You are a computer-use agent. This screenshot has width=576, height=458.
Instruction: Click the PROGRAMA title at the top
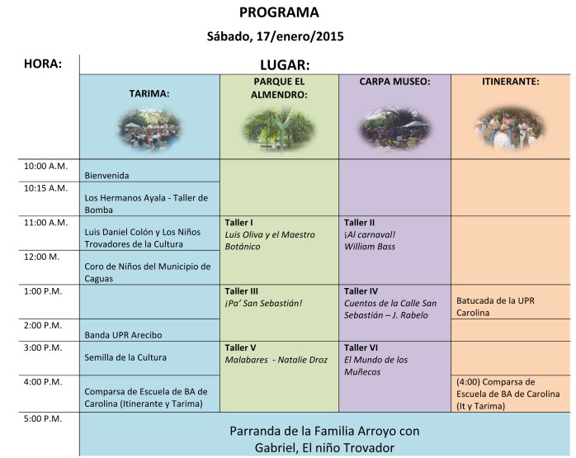click(278, 12)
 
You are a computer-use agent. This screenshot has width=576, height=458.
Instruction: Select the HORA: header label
click(43, 64)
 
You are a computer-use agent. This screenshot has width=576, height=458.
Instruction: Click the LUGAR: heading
click(285, 64)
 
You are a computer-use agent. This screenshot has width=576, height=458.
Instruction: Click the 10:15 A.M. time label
click(46, 188)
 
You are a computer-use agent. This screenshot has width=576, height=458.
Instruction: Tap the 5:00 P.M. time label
click(45, 418)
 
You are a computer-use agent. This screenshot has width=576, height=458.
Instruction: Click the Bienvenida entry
click(107, 175)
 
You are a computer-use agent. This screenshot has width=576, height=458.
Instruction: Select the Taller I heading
click(238, 223)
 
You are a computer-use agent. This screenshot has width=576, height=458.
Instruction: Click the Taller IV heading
click(361, 291)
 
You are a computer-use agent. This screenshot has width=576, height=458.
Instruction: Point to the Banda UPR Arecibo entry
click(123, 335)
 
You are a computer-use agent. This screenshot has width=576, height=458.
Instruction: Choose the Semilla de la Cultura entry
click(125, 357)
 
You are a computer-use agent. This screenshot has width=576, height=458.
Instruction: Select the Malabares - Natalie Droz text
click(276, 360)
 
